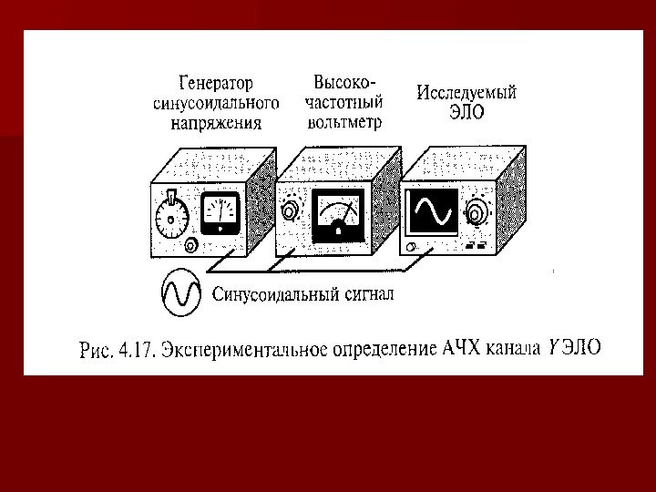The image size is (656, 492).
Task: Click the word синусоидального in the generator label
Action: click(x=214, y=103)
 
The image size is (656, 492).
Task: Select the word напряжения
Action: click(x=215, y=123)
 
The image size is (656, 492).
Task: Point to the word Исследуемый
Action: click(x=466, y=92)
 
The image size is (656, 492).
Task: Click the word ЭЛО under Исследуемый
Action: click(x=466, y=112)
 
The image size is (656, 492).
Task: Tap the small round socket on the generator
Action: click(x=190, y=246)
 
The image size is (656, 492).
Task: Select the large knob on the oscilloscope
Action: click(x=477, y=215)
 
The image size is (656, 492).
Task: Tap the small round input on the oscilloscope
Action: click(x=413, y=248)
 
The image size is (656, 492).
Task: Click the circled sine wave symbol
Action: click(x=180, y=292)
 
